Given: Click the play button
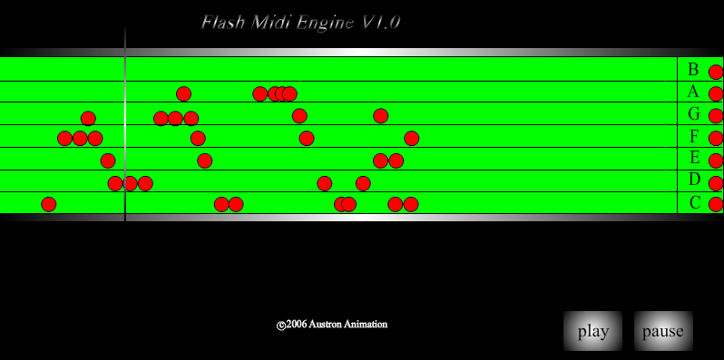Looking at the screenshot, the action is (x=592, y=331).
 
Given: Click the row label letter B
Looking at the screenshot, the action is (x=693, y=70).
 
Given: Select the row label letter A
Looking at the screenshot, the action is (x=693, y=92).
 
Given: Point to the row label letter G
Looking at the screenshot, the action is (x=694, y=114).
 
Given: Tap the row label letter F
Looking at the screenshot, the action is (x=694, y=137).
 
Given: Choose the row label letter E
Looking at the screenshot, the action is (x=694, y=159).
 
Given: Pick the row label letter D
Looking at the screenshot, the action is (x=694, y=180).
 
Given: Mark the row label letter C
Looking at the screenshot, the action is (x=694, y=202).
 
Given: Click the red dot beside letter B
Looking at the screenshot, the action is (x=716, y=72).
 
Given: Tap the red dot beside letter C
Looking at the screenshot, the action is (x=716, y=204).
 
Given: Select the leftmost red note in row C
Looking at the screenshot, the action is (x=49, y=204).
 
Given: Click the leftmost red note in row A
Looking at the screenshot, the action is (x=183, y=93).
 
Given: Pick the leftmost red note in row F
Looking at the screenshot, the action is (x=64, y=138).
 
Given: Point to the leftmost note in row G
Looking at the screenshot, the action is (x=88, y=118).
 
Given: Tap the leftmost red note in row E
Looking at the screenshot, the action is (x=108, y=161).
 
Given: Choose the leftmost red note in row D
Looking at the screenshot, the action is (x=115, y=183).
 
